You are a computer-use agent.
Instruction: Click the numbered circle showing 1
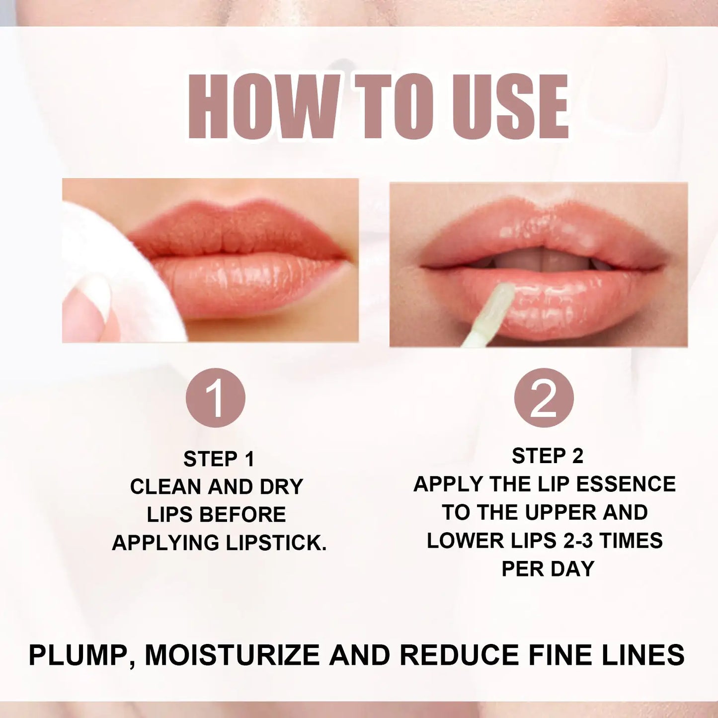[215, 398]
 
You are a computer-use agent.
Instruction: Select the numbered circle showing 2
[544, 398]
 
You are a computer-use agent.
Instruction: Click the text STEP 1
[219, 459]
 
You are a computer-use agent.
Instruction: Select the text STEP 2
[547, 456]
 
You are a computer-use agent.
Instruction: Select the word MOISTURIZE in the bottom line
[233, 655]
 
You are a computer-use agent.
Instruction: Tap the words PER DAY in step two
[548, 569]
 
